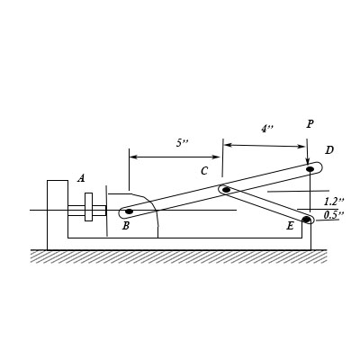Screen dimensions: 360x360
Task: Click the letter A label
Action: pos(81,178)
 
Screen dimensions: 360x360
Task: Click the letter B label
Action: pos(125,226)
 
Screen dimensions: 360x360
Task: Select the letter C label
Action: pos(204,171)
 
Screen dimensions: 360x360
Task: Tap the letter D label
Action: pos(329,150)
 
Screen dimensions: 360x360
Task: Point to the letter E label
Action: pos(290,226)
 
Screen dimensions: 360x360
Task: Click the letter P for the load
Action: pos(310,124)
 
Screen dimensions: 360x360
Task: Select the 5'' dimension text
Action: pos(183,143)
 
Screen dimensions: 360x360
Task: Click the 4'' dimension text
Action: pos(267,129)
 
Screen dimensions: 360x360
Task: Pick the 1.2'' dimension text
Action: pos(334,202)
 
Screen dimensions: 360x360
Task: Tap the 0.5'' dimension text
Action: pos(334,215)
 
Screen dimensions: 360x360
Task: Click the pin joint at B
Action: pos(128,212)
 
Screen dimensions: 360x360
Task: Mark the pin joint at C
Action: pos(226,190)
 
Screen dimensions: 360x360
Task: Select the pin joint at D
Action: pos(310,168)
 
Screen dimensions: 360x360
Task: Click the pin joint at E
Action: pos(306,219)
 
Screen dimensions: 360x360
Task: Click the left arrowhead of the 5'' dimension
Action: pos(133,157)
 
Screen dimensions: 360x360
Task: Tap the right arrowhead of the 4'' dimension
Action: pos(303,145)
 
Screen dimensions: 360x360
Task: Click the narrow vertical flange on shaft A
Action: pos(88,207)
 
